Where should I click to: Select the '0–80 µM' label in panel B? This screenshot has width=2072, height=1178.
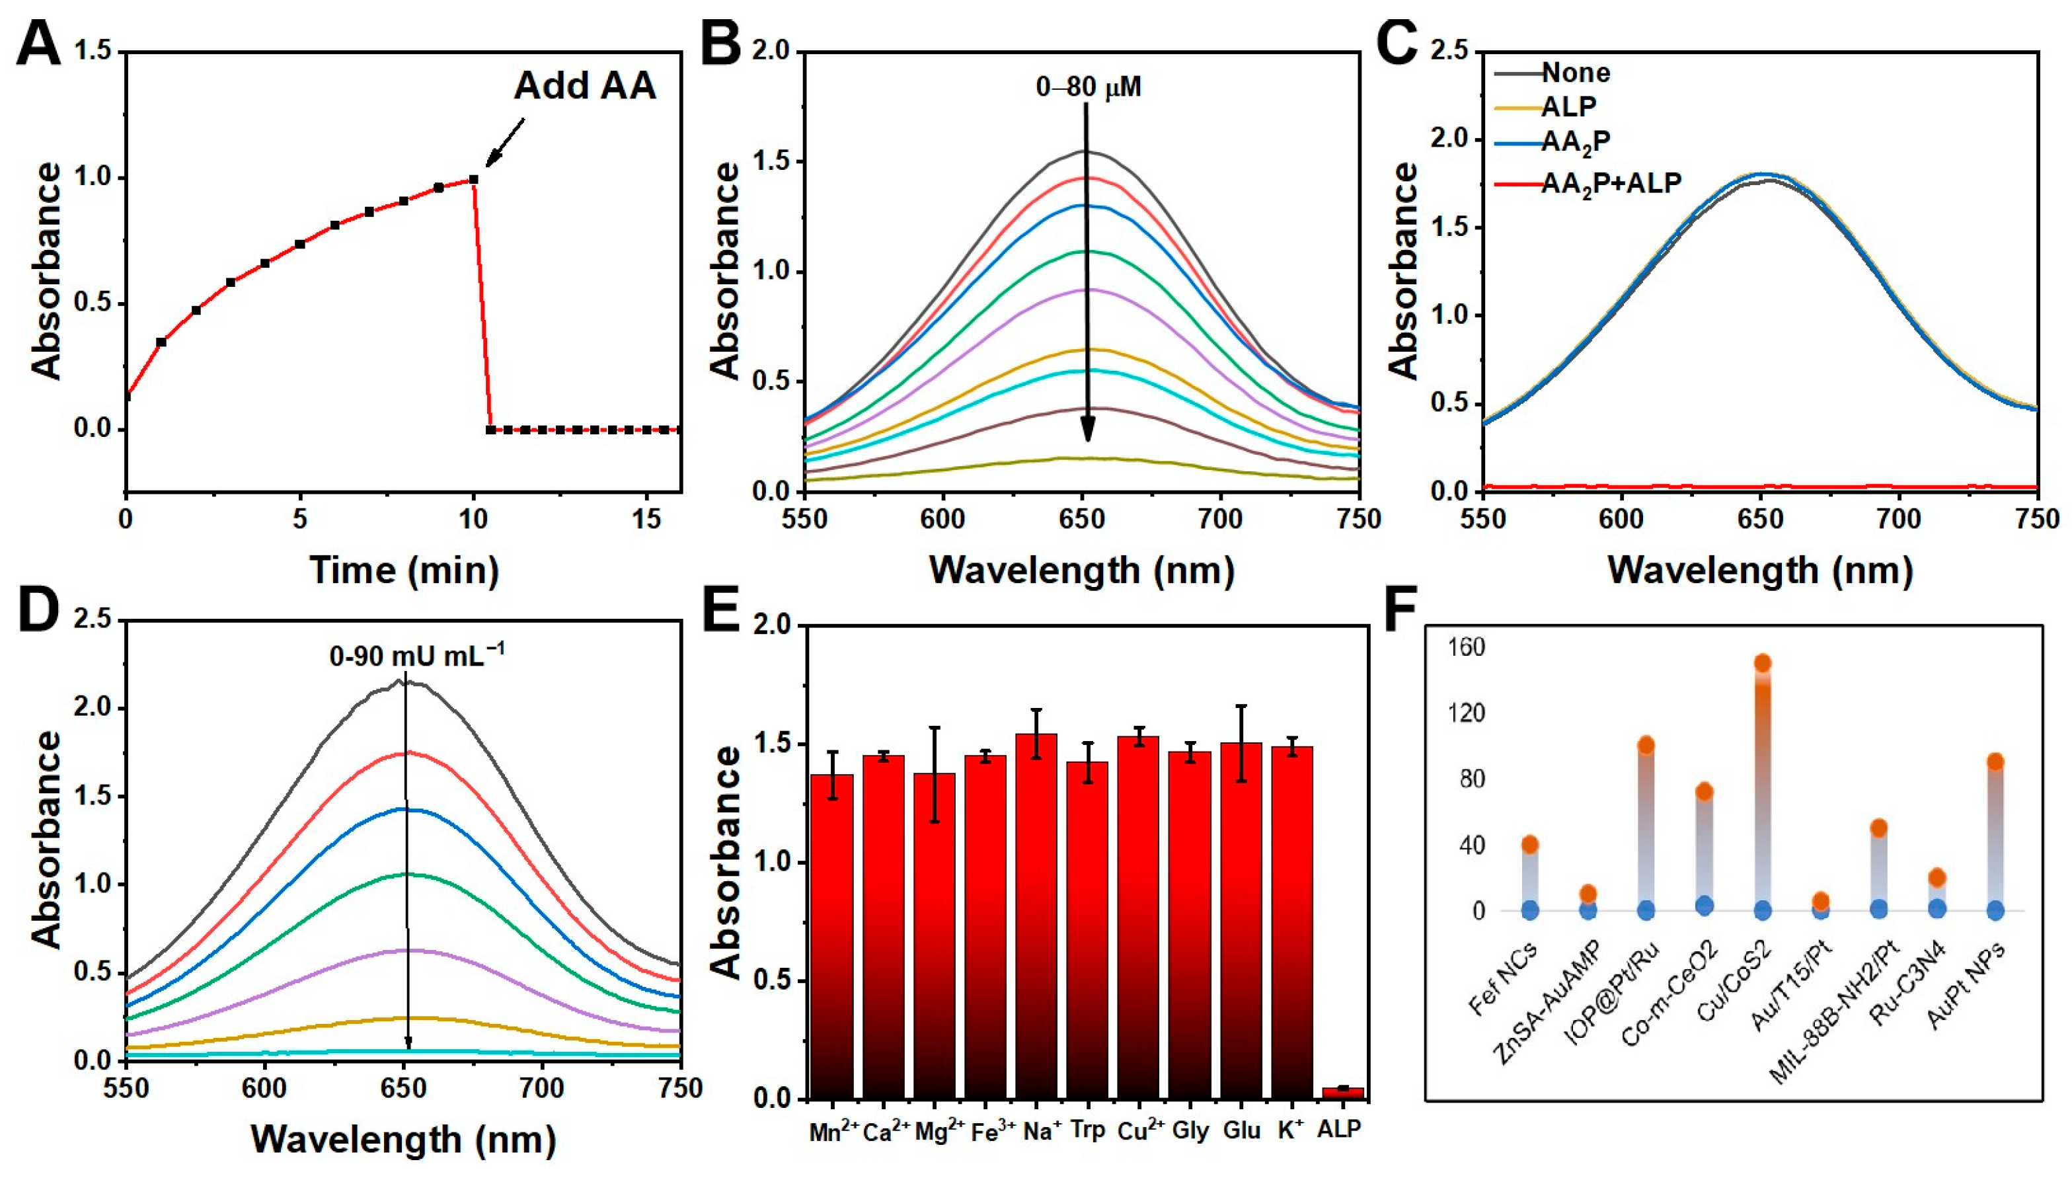1088,87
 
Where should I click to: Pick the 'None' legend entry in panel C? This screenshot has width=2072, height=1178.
1576,73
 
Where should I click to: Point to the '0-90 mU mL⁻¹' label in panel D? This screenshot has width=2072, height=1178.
416,655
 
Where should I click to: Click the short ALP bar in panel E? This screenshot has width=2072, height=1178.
1342,1092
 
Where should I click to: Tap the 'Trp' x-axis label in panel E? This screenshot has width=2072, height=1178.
1087,1130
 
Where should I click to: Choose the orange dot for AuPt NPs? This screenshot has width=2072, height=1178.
1995,762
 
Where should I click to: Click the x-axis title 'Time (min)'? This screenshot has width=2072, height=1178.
404,570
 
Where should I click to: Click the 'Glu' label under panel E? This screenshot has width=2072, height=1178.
1241,1130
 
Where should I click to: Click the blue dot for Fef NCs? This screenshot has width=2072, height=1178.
1529,911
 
